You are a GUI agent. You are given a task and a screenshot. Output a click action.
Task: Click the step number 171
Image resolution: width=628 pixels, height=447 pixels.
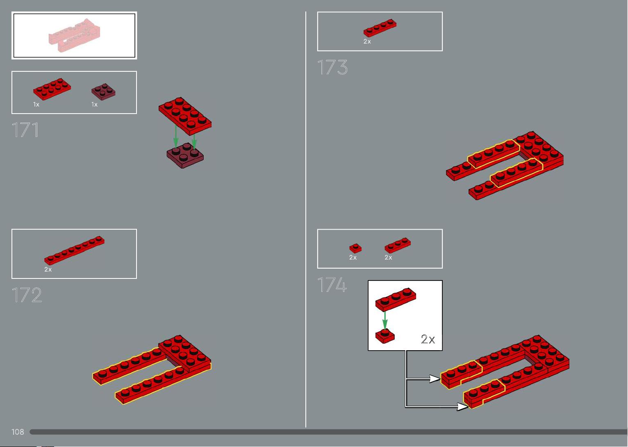pos(25,130)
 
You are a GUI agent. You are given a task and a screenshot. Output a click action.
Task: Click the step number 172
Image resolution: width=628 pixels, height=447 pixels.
pos(27,295)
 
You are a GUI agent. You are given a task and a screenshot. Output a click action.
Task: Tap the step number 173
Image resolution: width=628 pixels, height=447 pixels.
pos(332,67)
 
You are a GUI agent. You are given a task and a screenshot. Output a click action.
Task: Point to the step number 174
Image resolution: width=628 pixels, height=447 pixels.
pos(332,285)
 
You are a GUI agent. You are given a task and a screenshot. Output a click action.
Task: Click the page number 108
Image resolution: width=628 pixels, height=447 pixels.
pos(18,432)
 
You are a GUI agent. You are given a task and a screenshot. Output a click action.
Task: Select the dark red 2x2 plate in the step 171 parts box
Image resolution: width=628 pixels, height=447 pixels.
pos(103,92)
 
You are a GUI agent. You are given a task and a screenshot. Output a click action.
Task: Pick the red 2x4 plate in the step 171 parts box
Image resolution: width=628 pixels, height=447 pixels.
pos(52,89)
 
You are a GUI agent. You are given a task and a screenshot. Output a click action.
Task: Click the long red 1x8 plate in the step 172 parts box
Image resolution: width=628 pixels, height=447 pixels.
pos(74,250)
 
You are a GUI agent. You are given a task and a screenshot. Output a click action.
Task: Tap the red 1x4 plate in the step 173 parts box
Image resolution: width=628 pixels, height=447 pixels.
pos(380,28)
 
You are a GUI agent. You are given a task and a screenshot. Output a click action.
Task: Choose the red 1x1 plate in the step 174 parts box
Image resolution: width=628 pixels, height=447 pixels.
pos(355,248)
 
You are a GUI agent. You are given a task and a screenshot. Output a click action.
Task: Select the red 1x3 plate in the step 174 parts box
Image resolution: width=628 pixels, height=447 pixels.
pos(398,245)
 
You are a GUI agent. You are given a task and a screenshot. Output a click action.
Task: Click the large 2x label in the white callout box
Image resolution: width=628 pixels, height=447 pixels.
pos(428,339)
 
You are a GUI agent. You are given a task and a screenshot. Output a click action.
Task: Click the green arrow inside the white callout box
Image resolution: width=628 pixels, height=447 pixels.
pos(385,320)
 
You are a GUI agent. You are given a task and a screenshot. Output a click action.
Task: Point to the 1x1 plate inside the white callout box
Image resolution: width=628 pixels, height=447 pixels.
pos(385,336)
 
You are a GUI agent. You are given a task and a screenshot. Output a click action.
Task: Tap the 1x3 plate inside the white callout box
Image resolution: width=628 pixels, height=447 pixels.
pos(396,299)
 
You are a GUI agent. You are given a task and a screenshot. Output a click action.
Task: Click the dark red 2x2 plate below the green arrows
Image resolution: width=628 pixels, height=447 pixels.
pos(185,156)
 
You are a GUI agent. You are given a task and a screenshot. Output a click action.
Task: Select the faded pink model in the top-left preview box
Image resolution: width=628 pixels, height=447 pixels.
pos(74,35)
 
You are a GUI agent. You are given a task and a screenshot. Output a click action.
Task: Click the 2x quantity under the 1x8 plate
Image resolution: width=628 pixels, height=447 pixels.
pos(48,269)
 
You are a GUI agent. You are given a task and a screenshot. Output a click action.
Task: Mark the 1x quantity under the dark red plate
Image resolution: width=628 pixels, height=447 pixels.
pos(94,105)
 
